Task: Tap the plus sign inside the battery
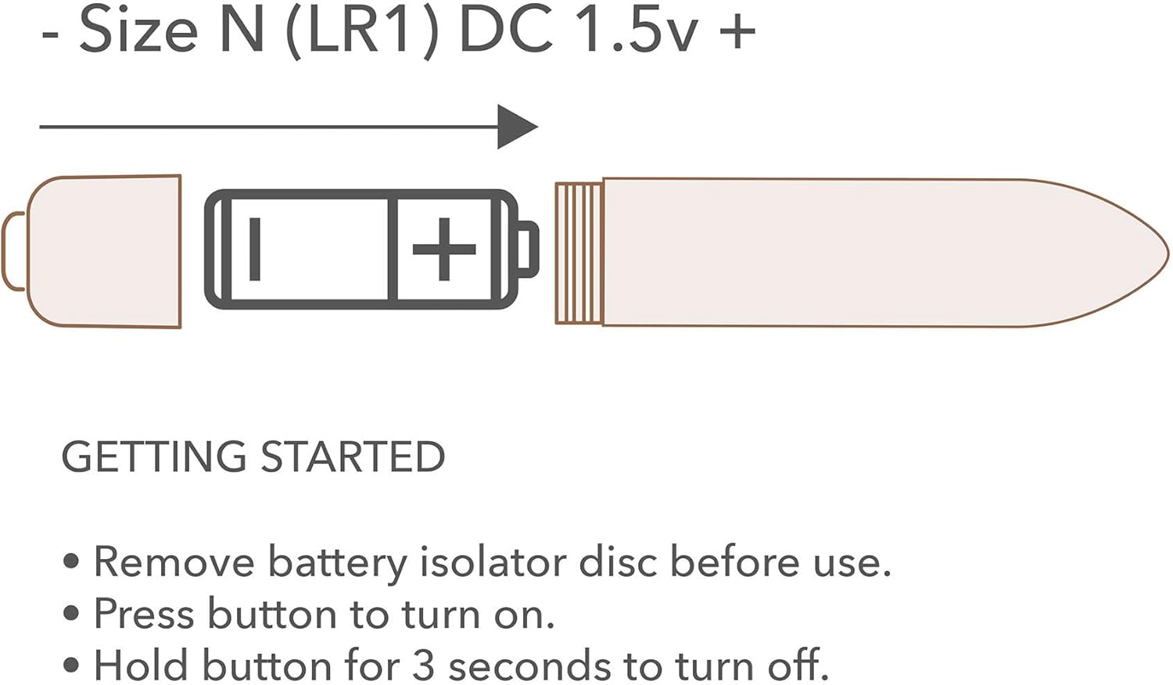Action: (444, 249)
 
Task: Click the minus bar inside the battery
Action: (255, 249)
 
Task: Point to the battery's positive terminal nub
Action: (528, 249)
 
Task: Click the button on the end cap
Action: (13, 251)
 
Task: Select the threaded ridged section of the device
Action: (579, 253)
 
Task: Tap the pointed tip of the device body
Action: (1167, 253)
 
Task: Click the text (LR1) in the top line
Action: (362, 33)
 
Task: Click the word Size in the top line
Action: (138, 31)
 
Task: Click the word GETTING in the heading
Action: (154, 457)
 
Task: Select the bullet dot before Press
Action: (70, 613)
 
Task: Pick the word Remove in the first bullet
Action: (174, 562)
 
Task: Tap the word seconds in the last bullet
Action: (529, 666)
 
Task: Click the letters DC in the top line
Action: (506, 31)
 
